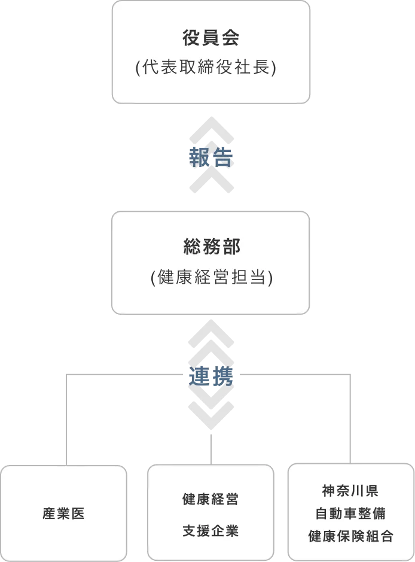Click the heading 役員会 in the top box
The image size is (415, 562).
click(x=210, y=38)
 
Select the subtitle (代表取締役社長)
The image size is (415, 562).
click(x=206, y=67)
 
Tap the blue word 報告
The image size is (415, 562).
click(x=211, y=157)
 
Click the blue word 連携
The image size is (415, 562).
click(x=211, y=376)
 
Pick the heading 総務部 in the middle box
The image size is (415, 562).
click(x=211, y=247)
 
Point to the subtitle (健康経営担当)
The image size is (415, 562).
click(x=212, y=277)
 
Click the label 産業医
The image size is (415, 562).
click(x=63, y=514)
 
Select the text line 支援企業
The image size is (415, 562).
click(x=210, y=531)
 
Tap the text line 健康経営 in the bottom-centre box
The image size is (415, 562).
click(x=210, y=499)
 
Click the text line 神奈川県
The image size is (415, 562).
click(x=350, y=491)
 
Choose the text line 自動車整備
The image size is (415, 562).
click(x=350, y=514)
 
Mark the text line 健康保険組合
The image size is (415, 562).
click(x=351, y=536)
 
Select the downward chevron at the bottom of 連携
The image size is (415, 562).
click(x=211, y=416)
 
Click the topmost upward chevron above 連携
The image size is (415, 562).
click(x=211, y=333)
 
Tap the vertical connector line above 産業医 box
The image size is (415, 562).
click(x=66, y=420)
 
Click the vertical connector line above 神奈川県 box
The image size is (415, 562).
click(x=350, y=419)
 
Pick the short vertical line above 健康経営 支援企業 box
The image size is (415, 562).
click(x=211, y=449)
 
